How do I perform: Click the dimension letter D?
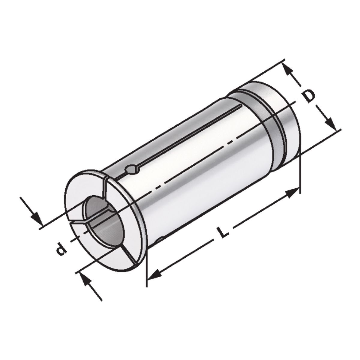[308, 97]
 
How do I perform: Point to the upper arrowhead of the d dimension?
[36, 217]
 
